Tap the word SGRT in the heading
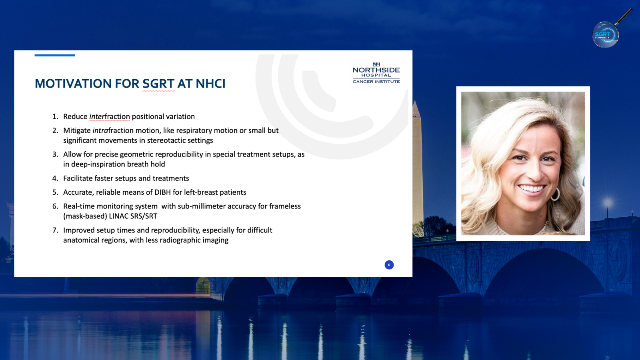point(158,84)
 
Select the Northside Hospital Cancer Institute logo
point(376,73)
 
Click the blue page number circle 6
point(389,265)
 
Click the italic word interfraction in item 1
point(110,116)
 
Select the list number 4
point(55,178)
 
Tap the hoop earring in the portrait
point(555,194)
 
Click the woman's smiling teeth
point(532,188)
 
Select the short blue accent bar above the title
point(55,56)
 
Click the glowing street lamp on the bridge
point(608,204)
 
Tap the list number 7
point(55,230)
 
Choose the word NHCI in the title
point(210,84)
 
